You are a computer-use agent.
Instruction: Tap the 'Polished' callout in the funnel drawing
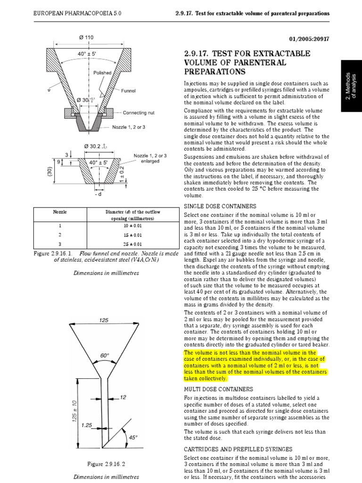(x=102, y=73)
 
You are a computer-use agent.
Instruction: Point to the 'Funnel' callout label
(x=128, y=90)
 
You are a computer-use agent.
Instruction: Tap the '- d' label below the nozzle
(x=98, y=194)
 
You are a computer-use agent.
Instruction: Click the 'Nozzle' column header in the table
(x=60, y=212)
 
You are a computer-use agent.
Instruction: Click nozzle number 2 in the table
(x=60, y=234)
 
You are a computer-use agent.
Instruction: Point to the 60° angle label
(x=104, y=355)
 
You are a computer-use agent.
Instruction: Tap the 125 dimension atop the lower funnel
(x=104, y=320)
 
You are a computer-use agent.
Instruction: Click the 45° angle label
(x=133, y=437)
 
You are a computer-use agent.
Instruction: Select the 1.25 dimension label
(x=86, y=425)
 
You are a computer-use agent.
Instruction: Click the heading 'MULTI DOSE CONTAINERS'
(x=218, y=389)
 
